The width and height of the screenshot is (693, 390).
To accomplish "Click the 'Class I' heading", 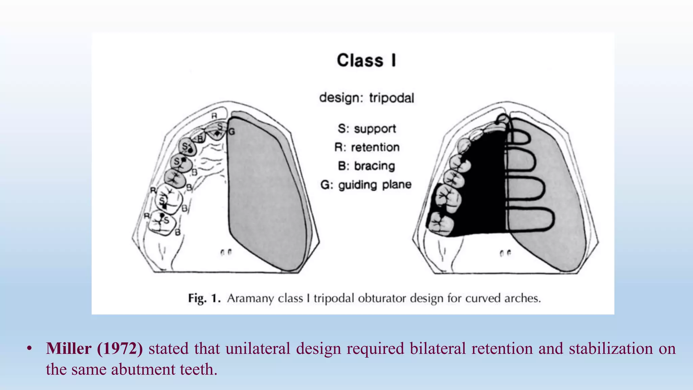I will point(366,61).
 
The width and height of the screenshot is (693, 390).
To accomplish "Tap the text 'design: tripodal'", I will point(366,98).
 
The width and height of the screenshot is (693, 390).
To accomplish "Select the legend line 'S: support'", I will point(367,129).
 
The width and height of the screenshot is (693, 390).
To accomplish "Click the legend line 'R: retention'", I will point(367,147).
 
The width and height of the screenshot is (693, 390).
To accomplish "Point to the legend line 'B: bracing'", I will point(366,166).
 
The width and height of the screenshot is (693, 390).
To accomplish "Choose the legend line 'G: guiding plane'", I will point(366,185).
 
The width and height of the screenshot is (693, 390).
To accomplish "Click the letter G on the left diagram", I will point(231,132).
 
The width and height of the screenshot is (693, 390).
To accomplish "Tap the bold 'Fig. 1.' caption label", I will point(204,298).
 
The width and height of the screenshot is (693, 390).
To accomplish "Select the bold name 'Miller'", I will point(69,348).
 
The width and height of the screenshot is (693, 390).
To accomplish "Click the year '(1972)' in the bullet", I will point(120,348).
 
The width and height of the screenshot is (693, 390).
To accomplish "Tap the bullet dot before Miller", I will point(29,349).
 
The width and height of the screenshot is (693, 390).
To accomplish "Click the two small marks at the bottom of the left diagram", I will point(226,253).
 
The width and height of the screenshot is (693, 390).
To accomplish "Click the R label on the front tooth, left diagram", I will point(214,116).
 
